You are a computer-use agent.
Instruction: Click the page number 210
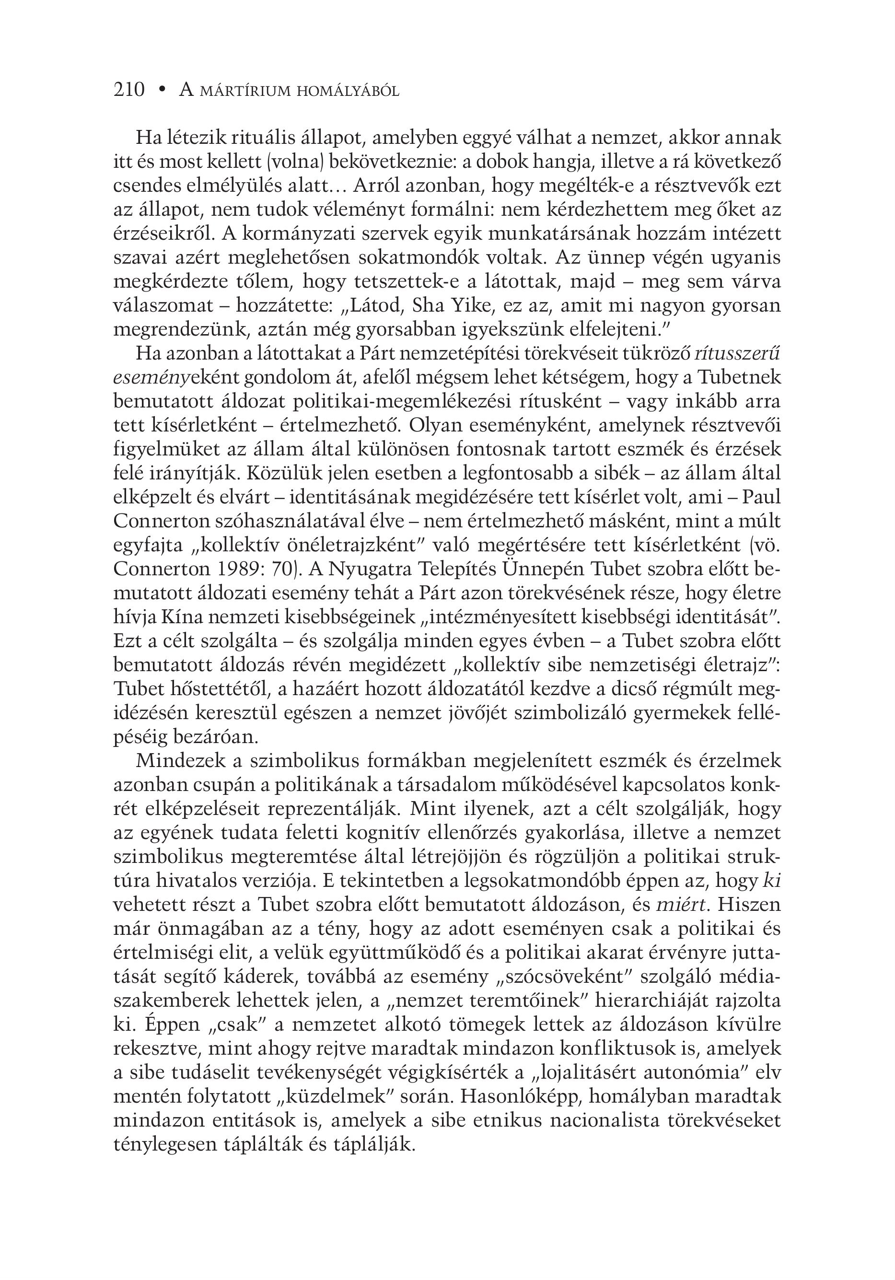point(129,90)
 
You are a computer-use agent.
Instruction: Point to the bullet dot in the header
point(162,90)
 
